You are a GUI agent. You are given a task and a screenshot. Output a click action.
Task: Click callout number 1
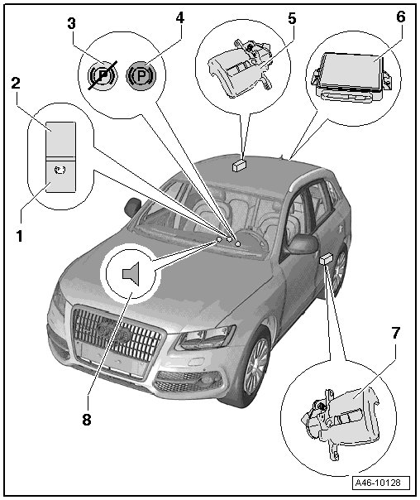pos(19,236)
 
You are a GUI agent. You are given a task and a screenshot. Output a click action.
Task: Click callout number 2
pos(16,83)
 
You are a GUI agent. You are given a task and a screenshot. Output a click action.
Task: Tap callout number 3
pos(72,23)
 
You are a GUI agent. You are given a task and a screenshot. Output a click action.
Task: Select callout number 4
pos(180,18)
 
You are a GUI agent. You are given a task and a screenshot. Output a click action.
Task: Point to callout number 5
pos(292,18)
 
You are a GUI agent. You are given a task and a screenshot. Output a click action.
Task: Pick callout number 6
pos(401,17)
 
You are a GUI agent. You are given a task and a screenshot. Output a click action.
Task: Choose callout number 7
pos(395,333)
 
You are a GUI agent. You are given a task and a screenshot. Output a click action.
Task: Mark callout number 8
pos(87,420)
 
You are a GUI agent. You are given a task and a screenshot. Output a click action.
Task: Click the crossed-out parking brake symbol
pos(102,75)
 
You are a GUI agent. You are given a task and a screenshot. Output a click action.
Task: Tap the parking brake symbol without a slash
pos(141,75)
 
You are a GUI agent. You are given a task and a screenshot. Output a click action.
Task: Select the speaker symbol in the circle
pos(131,274)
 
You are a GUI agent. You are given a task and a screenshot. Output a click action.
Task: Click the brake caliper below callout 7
pos(340,421)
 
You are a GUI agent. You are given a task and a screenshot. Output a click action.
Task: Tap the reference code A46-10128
pos(382,482)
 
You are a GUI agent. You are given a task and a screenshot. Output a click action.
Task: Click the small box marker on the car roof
pos(238,166)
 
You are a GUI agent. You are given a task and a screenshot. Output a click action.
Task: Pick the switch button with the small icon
pos(61,176)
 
